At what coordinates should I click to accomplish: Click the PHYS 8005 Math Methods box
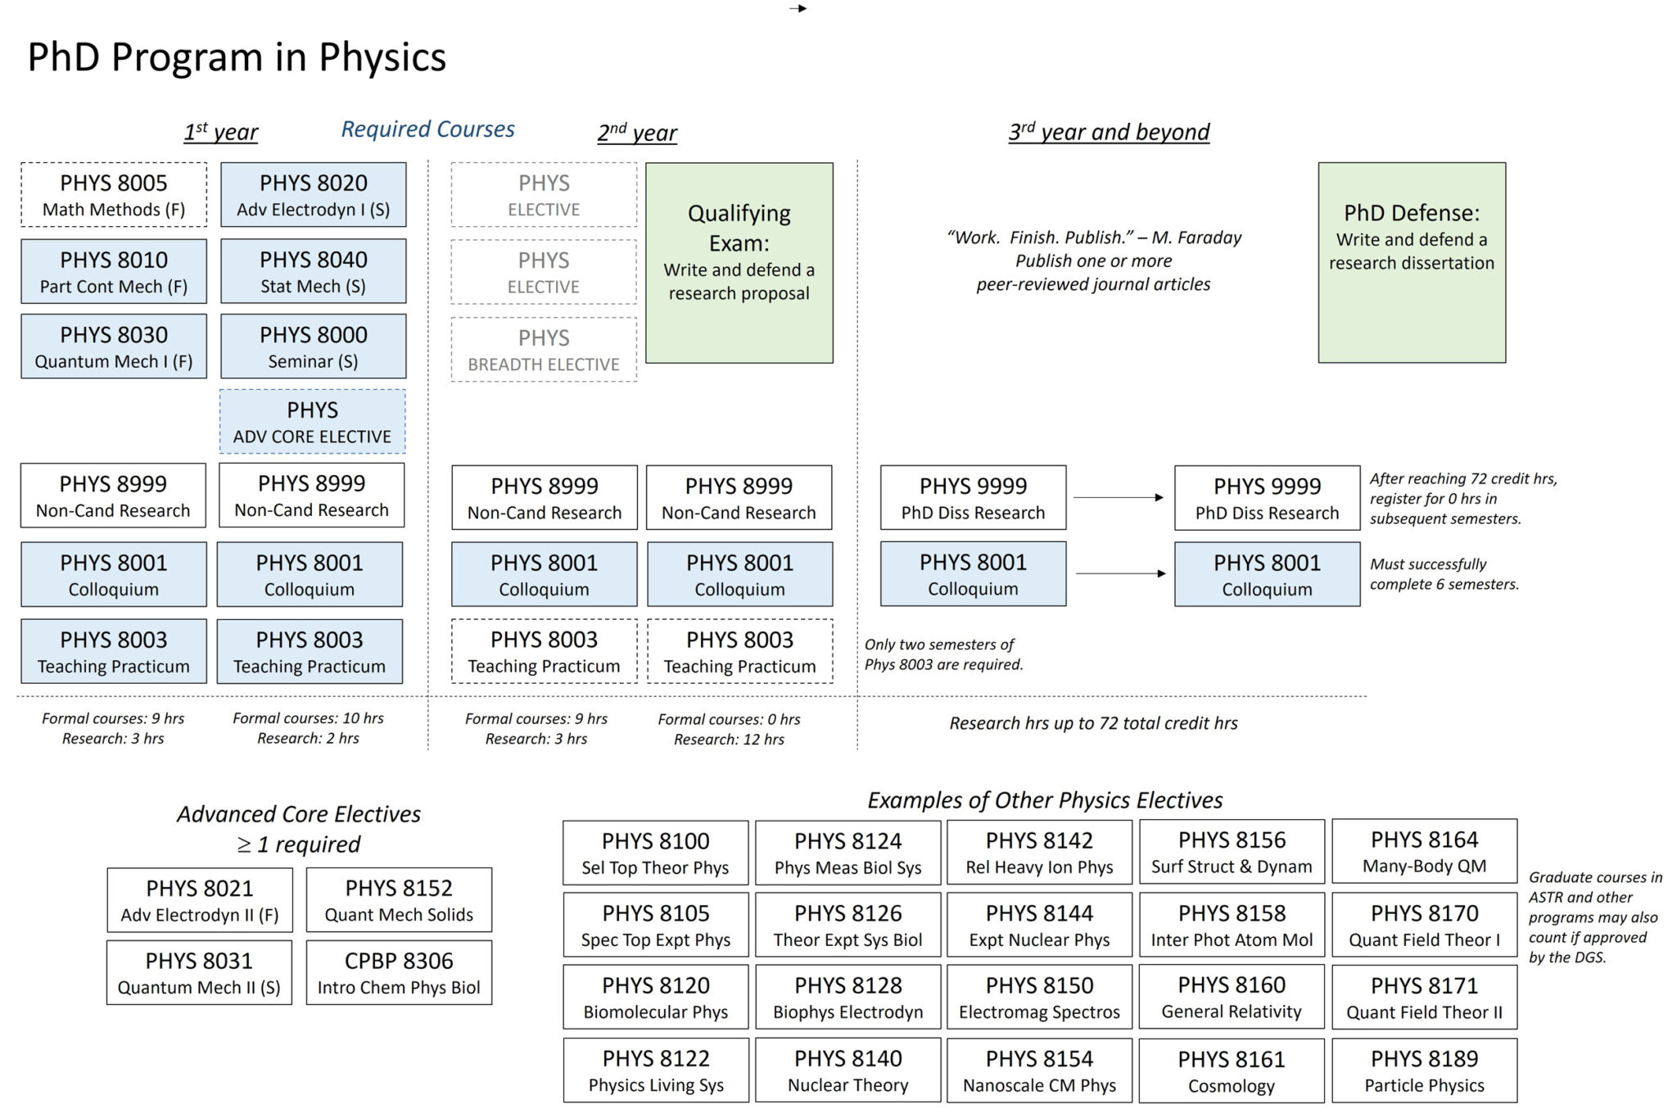(x=114, y=195)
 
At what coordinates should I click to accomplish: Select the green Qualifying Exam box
(x=739, y=262)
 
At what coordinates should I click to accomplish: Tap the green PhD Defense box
(x=1411, y=262)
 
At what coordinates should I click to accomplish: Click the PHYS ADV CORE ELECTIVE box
(x=312, y=422)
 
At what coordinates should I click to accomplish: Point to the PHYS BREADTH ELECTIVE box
(x=544, y=350)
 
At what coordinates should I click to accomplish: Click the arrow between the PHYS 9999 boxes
(x=1119, y=497)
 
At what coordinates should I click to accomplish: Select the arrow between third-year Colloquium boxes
(x=1119, y=573)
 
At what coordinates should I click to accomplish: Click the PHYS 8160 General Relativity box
(x=1231, y=997)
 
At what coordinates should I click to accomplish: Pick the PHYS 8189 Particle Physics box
(x=1424, y=1071)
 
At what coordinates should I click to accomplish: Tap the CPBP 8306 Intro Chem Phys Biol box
(x=399, y=972)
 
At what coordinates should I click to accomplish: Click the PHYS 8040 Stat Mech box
(x=313, y=271)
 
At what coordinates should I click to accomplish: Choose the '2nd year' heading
(x=637, y=132)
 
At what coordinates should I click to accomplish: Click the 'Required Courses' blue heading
(x=427, y=129)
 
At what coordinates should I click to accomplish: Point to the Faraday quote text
(x=1093, y=260)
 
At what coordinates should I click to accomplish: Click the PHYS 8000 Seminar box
(x=313, y=346)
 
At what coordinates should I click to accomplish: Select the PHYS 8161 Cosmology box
(x=1231, y=1071)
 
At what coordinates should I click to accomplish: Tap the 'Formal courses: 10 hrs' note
(x=308, y=718)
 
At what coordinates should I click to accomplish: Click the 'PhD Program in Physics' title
(x=237, y=57)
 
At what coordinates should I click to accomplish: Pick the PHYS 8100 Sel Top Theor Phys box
(x=655, y=853)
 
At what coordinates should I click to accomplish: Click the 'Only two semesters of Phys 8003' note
(x=943, y=654)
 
